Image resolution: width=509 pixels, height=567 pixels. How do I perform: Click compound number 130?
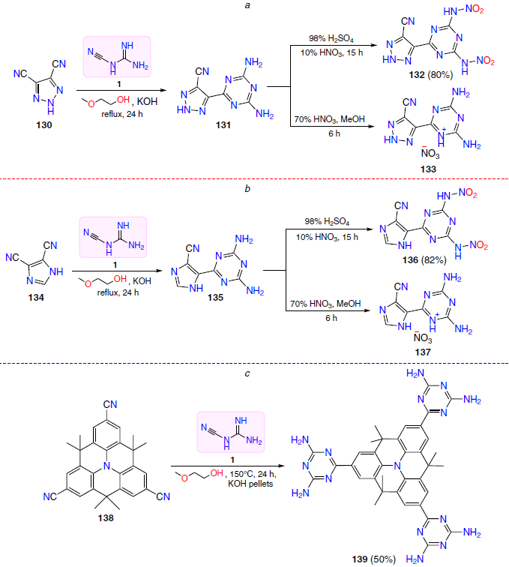click(x=44, y=125)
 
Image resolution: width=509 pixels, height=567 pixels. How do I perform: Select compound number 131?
click(x=223, y=125)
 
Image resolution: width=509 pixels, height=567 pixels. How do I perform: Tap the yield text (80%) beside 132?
click(x=440, y=75)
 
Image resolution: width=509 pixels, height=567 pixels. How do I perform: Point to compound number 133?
click(x=428, y=169)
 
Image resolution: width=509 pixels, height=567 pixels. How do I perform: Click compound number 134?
click(x=36, y=298)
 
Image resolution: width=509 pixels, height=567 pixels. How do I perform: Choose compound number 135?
click(x=215, y=298)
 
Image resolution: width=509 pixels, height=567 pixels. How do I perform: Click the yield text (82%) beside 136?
click(x=434, y=260)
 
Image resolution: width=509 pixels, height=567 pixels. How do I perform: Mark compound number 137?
click(x=423, y=352)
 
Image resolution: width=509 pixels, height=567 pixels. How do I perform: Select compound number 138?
click(x=106, y=518)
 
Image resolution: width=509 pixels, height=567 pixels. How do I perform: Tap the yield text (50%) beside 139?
click(x=383, y=559)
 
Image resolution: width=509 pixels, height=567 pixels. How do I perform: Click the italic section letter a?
click(x=247, y=5)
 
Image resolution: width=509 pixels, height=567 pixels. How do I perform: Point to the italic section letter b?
click(x=247, y=188)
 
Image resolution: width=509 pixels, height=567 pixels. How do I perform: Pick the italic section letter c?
click(x=247, y=373)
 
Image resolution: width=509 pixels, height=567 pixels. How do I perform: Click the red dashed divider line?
click(x=255, y=178)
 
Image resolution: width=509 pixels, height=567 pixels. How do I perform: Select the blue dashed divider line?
click(x=255, y=363)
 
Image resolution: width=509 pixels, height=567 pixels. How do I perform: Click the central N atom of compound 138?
click(x=106, y=466)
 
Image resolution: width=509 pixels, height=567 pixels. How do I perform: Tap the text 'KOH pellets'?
click(x=250, y=484)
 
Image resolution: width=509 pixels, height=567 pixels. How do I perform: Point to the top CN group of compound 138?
click(x=110, y=404)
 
